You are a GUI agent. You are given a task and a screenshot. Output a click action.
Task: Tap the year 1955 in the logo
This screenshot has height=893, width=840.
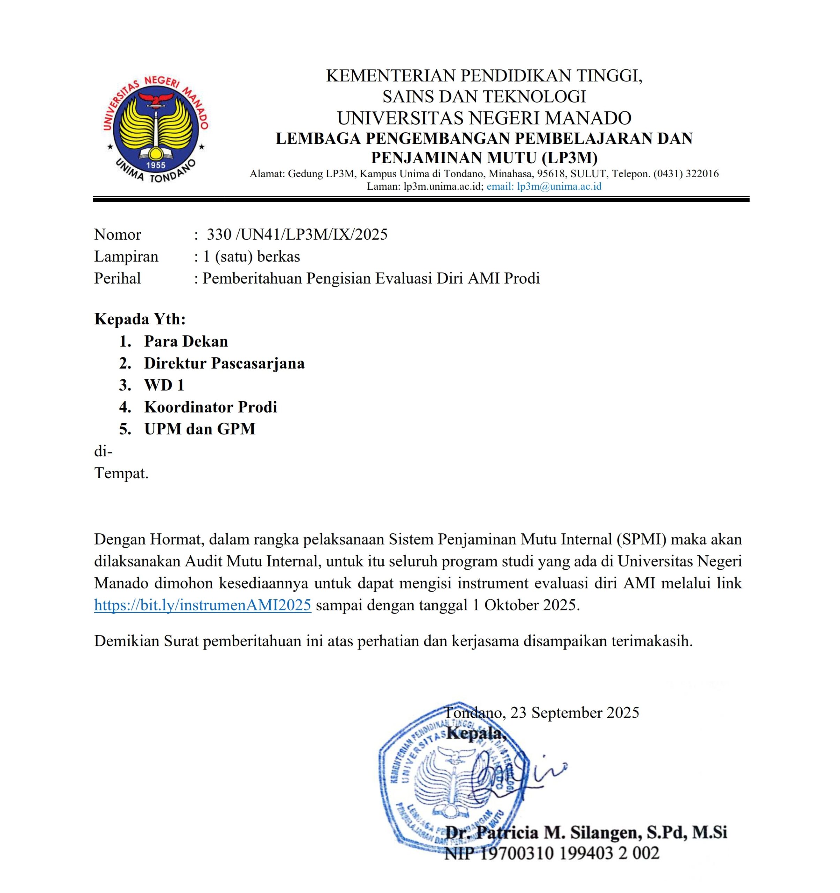pyautogui.click(x=156, y=165)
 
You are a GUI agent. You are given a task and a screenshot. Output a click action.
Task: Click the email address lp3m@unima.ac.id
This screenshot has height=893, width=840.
pyautogui.click(x=559, y=186)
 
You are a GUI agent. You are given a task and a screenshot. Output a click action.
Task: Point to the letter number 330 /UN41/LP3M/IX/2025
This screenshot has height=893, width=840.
pyautogui.click(x=297, y=234)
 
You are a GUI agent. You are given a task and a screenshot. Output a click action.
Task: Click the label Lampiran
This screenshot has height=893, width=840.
pyautogui.click(x=126, y=256)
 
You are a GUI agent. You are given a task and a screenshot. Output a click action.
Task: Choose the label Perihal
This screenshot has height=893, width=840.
pyautogui.click(x=118, y=278)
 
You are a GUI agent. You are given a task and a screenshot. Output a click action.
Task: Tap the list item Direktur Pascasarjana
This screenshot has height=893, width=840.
pyautogui.click(x=224, y=363)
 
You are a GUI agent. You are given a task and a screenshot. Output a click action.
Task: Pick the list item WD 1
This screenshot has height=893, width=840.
pyautogui.click(x=164, y=385)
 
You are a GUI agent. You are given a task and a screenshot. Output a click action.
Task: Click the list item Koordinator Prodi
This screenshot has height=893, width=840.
pyautogui.click(x=211, y=407)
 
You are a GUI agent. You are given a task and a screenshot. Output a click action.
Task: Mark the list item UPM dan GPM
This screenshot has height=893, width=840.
pyautogui.click(x=200, y=429)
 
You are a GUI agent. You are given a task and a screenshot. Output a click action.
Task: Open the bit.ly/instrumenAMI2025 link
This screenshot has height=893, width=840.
pyautogui.click(x=203, y=605)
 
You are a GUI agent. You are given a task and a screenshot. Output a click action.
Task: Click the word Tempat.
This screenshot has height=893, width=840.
pyautogui.click(x=121, y=473)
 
